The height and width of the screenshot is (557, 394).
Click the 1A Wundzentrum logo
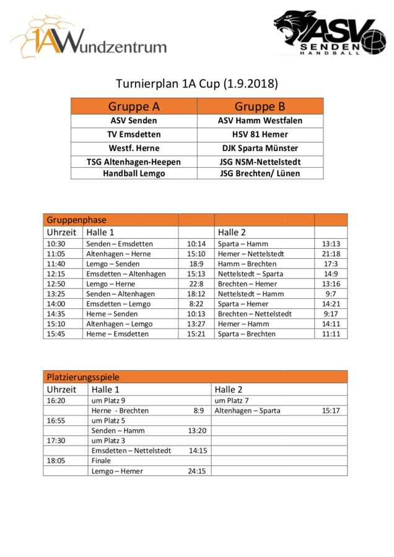[x=88, y=38]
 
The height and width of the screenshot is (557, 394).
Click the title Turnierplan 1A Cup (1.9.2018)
[x=196, y=84]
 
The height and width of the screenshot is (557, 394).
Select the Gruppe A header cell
[x=134, y=106]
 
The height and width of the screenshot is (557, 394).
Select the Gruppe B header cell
[x=260, y=106]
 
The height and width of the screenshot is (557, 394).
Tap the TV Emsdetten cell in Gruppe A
[x=134, y=134]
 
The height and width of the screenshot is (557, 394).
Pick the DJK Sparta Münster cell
[x=260, y=148]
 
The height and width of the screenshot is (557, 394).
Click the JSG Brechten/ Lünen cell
[x=260, y=173]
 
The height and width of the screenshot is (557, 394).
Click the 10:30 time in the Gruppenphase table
[x=56, y=244]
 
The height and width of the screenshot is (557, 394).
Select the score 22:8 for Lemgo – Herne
[x=196, y=283]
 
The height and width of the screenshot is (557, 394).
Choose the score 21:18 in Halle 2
[x=331, y=254]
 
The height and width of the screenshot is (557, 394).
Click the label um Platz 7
[x=232, y=400]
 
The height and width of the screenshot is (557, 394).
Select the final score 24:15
[x=197, y=471]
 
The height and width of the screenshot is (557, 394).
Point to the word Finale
[x=101, y=460]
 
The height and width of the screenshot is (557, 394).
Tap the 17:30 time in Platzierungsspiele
[x=56, y=441]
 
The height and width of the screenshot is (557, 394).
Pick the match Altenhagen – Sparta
[x=247, y=410]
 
